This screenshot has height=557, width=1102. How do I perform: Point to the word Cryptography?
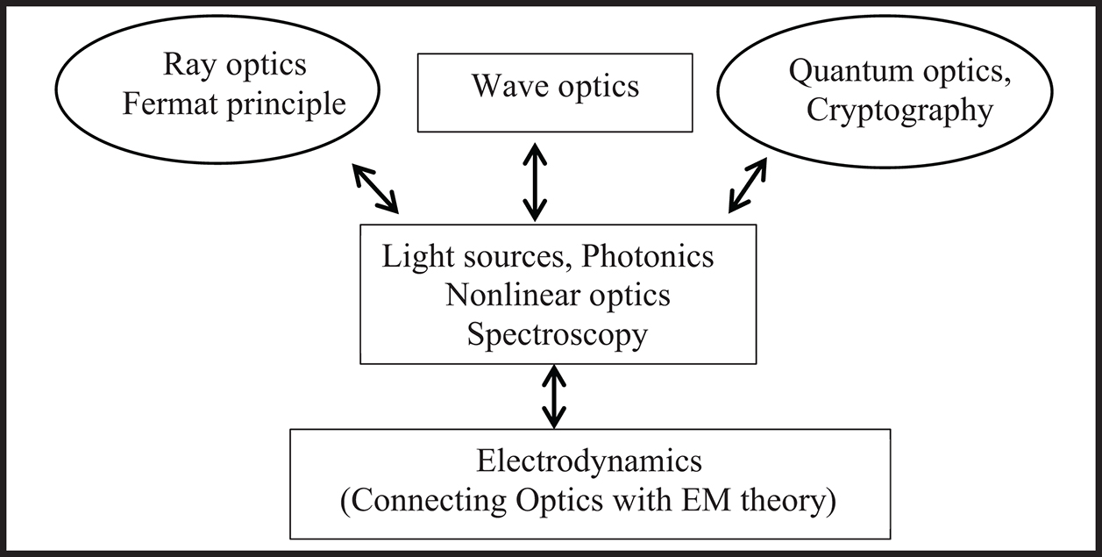click(899, 112)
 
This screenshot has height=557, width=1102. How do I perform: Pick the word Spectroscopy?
click(557, 334)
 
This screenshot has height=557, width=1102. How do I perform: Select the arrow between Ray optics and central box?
click(375, 188)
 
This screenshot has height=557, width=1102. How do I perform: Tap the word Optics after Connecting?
click(572, 503)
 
